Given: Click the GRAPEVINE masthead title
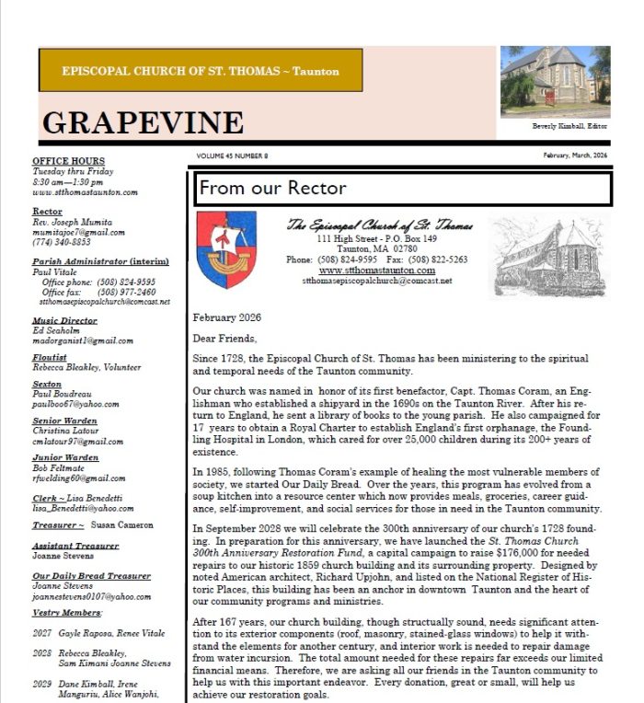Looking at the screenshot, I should tap(143, 122).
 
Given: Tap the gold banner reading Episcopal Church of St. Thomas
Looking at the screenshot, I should tap(200, 71).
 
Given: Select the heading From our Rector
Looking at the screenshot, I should tap(272, 189).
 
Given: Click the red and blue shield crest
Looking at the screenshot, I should tap(227, 249).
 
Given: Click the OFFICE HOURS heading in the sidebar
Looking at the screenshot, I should tap(68, 162).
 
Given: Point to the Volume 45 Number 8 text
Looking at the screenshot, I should tap(232, 156).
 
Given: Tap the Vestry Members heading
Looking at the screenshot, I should tap(67, 612).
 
